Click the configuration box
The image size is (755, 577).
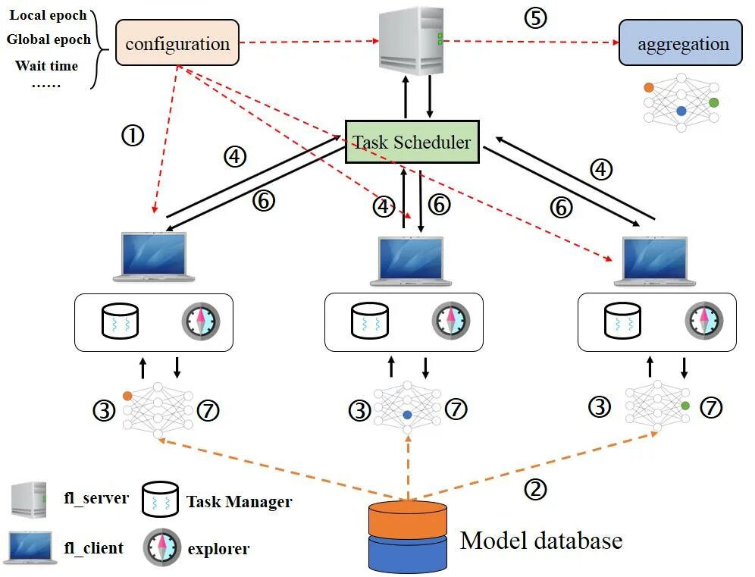point(177,43)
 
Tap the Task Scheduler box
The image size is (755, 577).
point(412,142)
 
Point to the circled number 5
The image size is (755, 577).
point(535,17)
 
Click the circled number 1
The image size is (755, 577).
point(133,136)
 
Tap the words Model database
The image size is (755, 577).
point(541,541)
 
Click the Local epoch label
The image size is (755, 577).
point(48,15)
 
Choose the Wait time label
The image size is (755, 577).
point(46,66)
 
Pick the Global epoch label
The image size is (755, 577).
point(48,39)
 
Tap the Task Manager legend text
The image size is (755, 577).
point(239,501)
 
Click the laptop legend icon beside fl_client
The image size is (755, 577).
point(30,547)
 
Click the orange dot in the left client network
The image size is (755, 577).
point(127,396)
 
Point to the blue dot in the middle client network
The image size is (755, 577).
point(408,416)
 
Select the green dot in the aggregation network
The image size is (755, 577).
point(713,102)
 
